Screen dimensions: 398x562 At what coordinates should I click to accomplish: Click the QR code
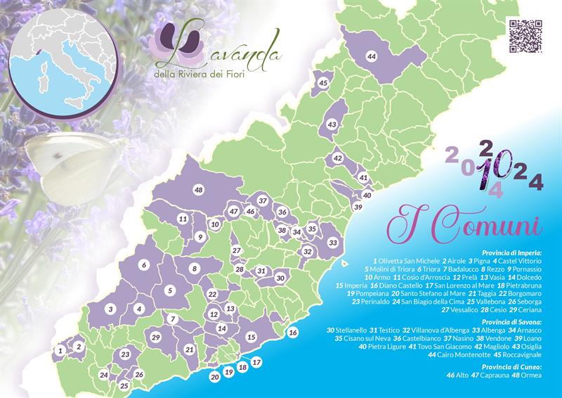525,35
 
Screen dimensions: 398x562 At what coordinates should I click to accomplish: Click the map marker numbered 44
372,56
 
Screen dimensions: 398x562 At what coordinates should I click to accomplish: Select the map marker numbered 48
199,191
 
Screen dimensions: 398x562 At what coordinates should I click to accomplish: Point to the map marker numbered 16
293,332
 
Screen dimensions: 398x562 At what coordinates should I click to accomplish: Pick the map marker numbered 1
62,349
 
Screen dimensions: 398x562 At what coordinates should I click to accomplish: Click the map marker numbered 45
323,83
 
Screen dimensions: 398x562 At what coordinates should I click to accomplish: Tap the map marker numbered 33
333,243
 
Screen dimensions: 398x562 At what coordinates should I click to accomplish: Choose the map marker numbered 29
155,338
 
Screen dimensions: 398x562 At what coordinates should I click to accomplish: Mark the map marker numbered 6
143,265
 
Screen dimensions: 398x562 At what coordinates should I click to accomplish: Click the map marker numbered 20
215,376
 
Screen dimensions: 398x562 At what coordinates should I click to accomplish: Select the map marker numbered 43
332,124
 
